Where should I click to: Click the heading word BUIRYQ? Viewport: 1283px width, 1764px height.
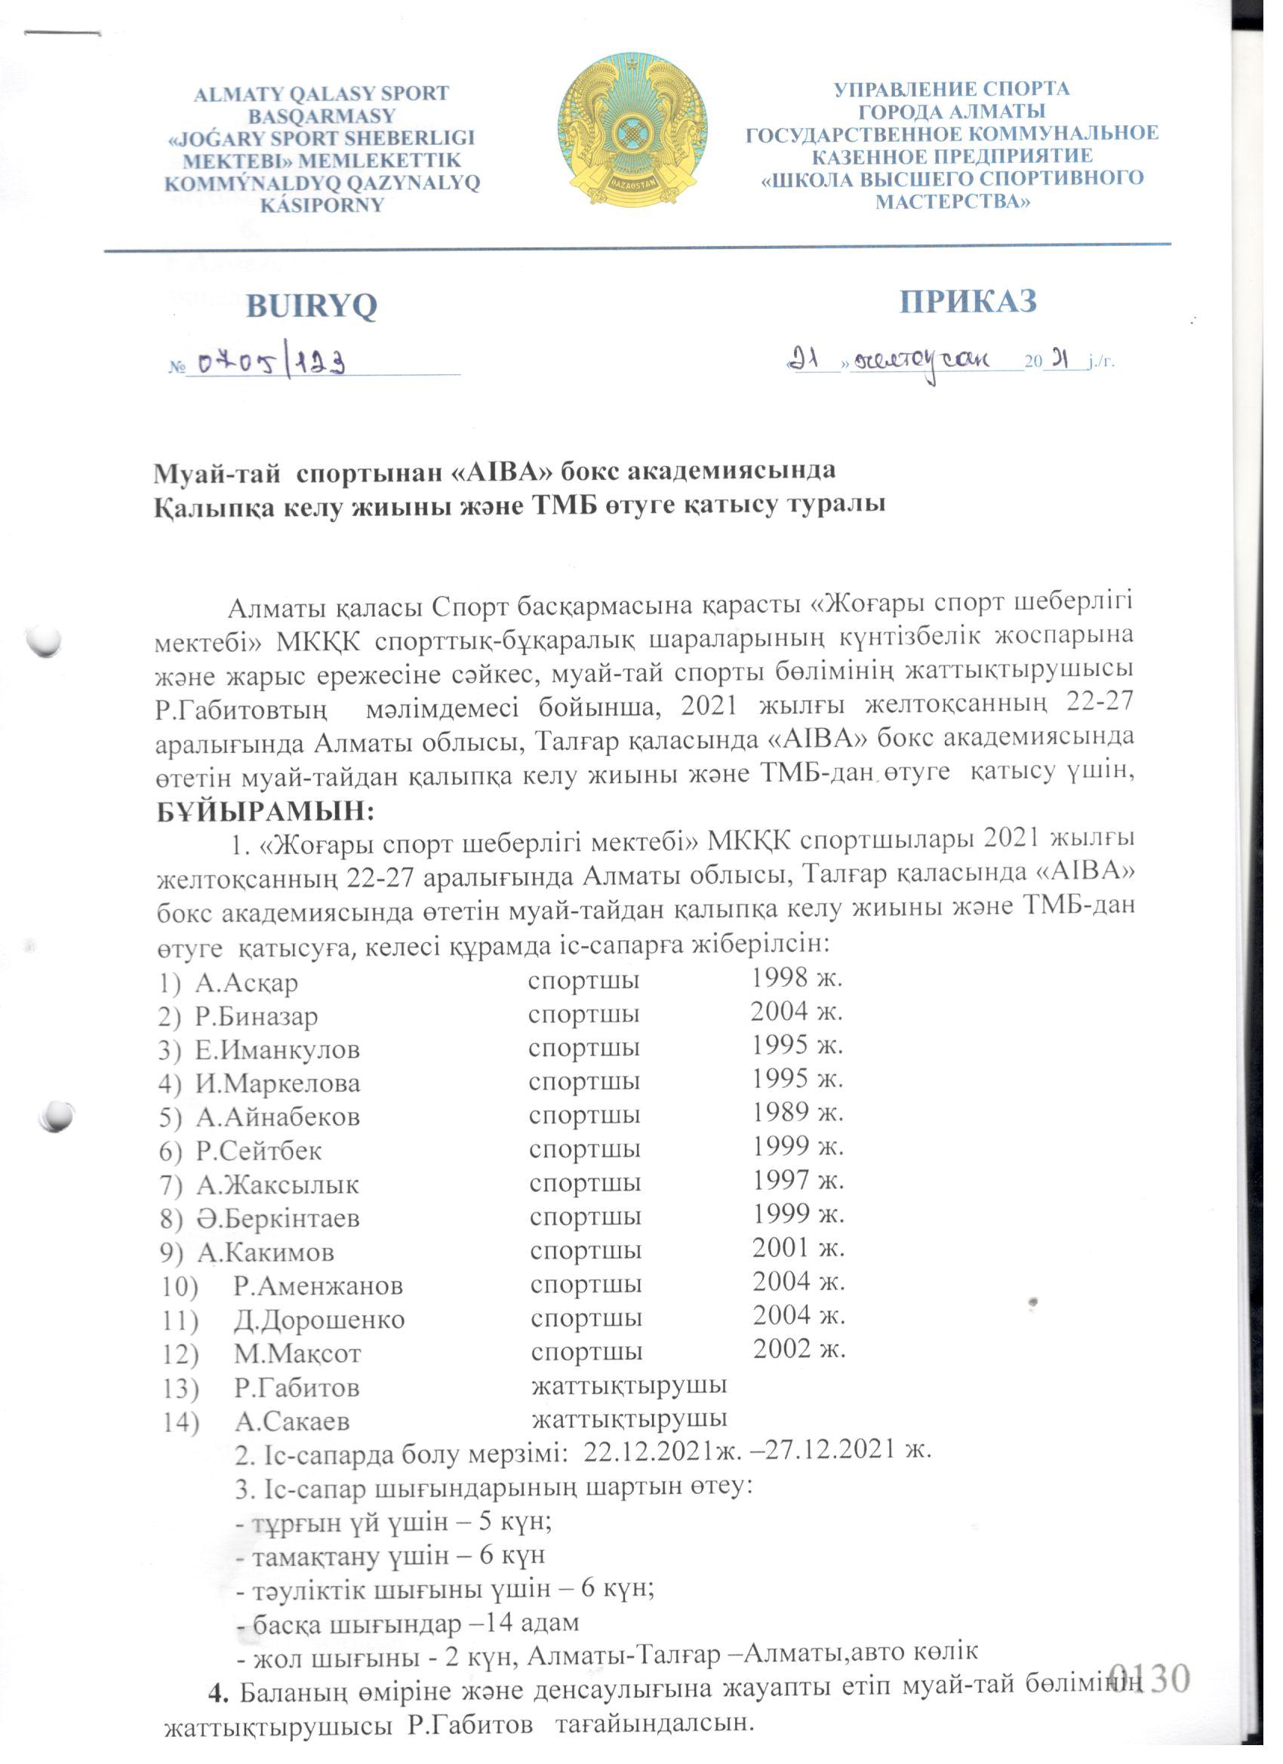[x=311, y=306]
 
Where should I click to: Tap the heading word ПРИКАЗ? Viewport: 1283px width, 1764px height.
[x=968, y=301]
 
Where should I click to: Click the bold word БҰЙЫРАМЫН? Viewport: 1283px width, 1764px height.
[x=266, y=811]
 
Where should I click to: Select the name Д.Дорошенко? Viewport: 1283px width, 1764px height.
[x=319, y=1320]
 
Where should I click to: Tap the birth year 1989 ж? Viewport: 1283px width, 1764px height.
[x=798, y=1114]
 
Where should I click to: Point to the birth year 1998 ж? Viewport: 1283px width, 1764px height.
[x=797, y=978]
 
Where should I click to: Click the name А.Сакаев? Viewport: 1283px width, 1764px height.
[x=292, y=1421]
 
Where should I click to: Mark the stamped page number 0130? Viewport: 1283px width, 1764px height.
[x=1149, y=1679]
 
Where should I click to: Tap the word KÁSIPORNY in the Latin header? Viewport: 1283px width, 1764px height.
[x=322, y=205]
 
